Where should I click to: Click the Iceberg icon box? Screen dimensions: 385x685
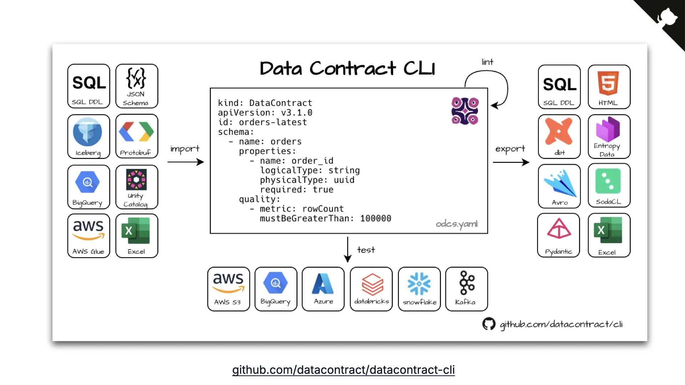click(x=88, y=137)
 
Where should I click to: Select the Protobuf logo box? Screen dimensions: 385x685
click(x=137, y=137)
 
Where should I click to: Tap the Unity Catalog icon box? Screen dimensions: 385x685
click(x=137, y=187)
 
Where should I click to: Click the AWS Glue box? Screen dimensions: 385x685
click(x=88, y=236)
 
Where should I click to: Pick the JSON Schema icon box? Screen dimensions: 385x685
click(x=137, y=86)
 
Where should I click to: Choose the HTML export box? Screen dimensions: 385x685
click(x=609, y=87)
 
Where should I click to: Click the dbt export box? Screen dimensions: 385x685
click(x=559, y=137)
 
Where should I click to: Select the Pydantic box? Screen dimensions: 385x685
click(x=558, y=235)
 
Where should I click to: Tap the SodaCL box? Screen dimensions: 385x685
click(x=609, y=186)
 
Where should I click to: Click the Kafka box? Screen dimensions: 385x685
click(x=466, y=289)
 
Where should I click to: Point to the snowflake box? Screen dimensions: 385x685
click(x=419, y=289)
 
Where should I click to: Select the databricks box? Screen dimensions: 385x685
click(x=371, y=289)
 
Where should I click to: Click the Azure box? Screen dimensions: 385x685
click(x=323, y=289)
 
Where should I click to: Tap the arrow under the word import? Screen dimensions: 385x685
click(x=186, y=162)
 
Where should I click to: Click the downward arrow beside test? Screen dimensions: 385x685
click(x=347, y=250)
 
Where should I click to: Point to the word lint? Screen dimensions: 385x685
click(x=487, y=62)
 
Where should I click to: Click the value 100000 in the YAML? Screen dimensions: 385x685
click(x=375, y=219)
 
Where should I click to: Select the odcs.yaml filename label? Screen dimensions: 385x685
click(x=456, y=224)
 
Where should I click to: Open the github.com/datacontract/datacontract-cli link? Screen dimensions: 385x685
click(x=343, y=370)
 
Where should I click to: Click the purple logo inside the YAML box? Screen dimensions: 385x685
click(x=465, y=111)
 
